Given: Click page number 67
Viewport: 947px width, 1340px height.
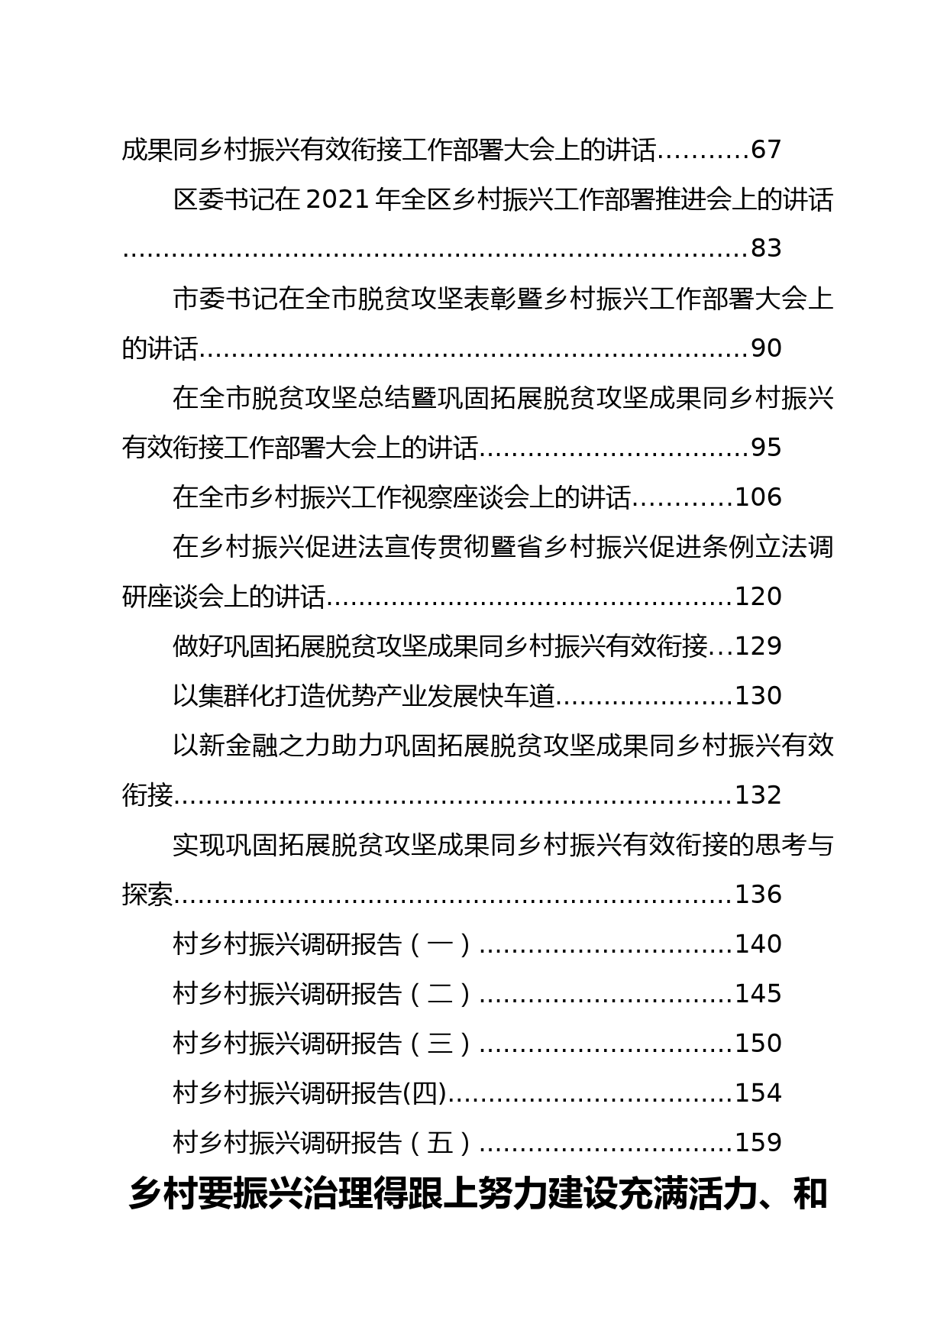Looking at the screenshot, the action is [767, 150].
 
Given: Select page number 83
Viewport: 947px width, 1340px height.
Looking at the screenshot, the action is [767, 249].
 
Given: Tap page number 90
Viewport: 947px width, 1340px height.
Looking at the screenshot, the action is [767, 348].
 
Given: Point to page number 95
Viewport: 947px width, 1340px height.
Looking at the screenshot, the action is [767, 448].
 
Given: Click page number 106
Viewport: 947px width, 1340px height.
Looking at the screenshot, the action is [758, 497].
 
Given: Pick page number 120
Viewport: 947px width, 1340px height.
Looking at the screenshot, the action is [758, 597].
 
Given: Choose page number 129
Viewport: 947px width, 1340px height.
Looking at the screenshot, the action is [758, 646].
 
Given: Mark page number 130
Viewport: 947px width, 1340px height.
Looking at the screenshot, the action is [758, 696].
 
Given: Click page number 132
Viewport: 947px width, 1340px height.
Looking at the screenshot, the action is [758, 795].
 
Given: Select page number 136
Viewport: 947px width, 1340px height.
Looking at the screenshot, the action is [758, 895].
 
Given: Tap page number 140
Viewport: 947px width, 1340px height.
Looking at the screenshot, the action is [758, 944].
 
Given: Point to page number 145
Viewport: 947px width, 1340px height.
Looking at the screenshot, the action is [758, 994].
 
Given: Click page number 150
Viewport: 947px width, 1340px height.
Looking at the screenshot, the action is [758, 1044].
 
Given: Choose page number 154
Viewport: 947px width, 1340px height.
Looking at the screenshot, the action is [758, 1093].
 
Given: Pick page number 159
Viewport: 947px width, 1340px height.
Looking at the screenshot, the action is [758, 1143].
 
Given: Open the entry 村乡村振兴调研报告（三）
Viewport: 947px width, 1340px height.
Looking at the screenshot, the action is [325, 1044].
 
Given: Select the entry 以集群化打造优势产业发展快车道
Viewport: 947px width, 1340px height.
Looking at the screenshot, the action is [364, 696].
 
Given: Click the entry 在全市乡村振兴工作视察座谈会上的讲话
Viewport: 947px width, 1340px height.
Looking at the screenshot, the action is [402, 497].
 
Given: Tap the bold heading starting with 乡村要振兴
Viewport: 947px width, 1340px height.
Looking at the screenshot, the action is [478, 1195].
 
